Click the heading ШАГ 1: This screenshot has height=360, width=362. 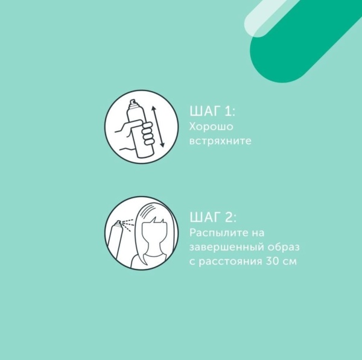click(x=212, y=111)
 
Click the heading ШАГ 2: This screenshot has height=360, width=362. click(x=213, y=217)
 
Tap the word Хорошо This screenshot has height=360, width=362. click(x=211, y=127)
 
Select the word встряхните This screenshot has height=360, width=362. click(x=220, y=141)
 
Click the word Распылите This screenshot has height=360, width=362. click(x=216, y=233)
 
